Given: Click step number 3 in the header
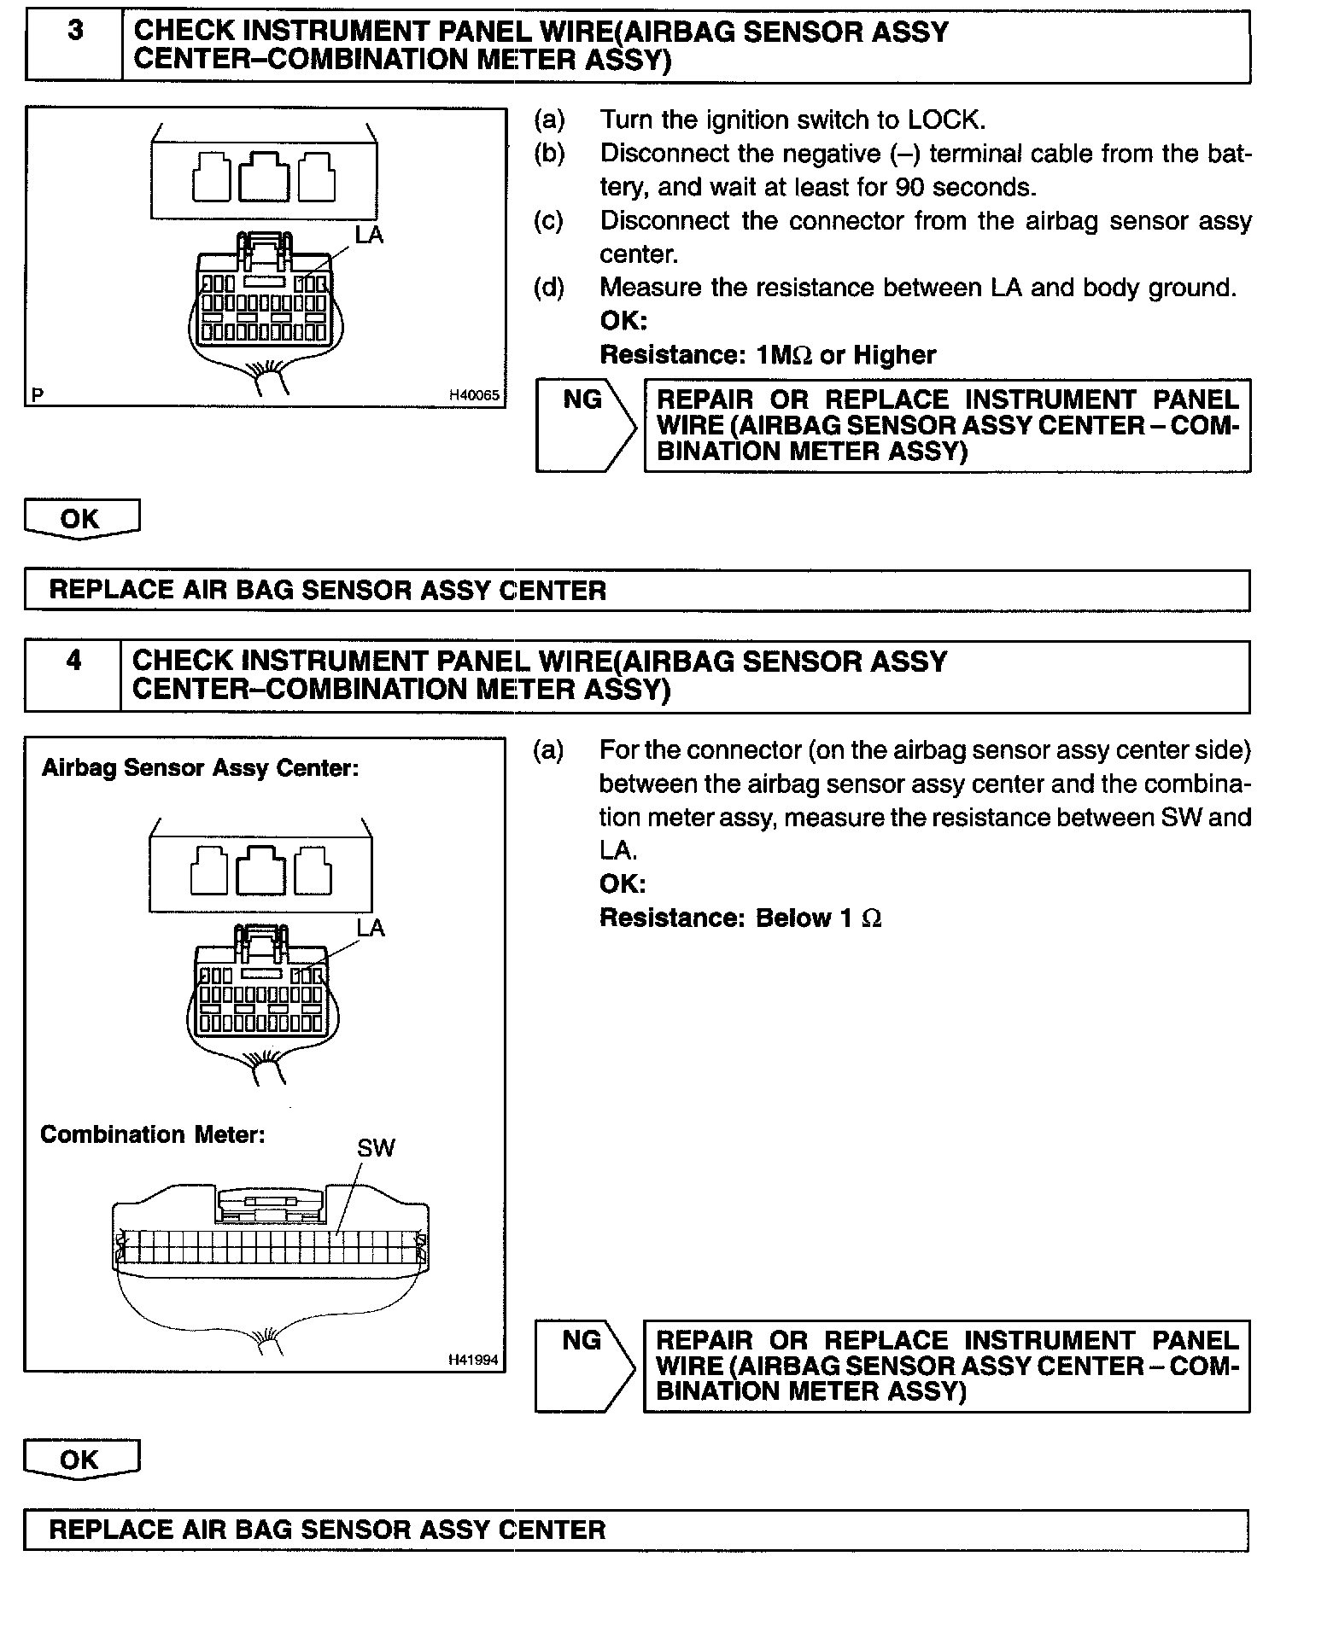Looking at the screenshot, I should pyautogui.click(x=75, y=32).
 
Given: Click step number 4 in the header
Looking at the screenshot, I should pyautogui.click(x=74, y=661).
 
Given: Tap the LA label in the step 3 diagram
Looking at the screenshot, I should pyautogui.click(x=369, y=236).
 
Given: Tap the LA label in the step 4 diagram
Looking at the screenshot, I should pyautogui.click(x=371, y=928).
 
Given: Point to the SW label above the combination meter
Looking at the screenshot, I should pyautogui.click(x=376, y=1148).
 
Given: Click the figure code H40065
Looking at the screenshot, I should pyautogui.click(x=474, y=395).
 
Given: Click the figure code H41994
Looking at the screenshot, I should pyautogui.click(x=473, y=1361).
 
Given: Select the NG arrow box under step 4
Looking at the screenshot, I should pyautogui.click(x=584, y=1366).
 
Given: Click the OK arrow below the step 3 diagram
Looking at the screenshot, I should pyautogui.click(x=81, y=519).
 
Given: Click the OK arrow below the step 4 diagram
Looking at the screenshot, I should pyautogui.click(x=80, y=1460).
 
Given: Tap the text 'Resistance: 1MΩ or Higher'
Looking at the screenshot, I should pyautogui.click(x=768, y=355).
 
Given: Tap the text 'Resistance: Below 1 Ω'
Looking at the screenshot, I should pyautogui.click(x=740, y=918).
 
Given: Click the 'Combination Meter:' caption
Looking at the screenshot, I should pyautogui.click(x=153, y=1134).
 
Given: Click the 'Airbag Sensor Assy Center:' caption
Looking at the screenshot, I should pyautogui.click(x=200, y=768).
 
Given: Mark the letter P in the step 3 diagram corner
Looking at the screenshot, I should pyautogui.click(x=38, y=395).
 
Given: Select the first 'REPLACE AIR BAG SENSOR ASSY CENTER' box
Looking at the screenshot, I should pyautogui.click(x=636, y=591).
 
